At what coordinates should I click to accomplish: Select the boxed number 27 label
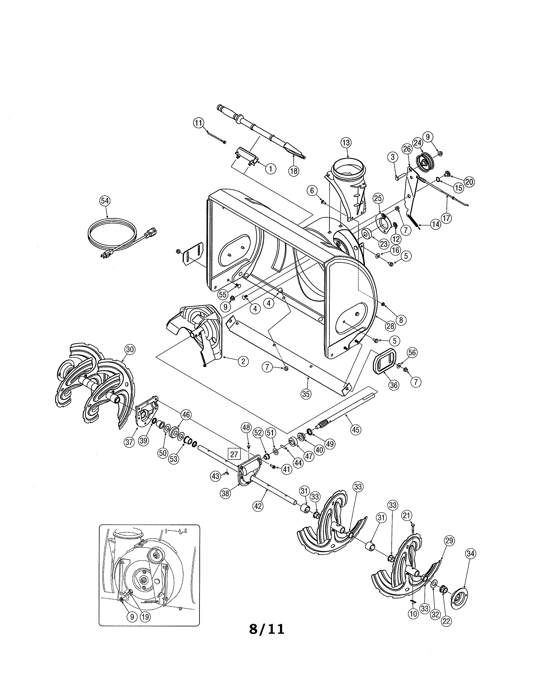pyautogui.click(x=234, y=454)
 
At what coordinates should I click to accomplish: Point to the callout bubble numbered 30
pyautogui.click(x=129, y=350)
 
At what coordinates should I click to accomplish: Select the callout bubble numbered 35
pyautogui.click(x=306, y=394)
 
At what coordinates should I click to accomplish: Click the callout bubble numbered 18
pyautogui.click(x=293, y=171)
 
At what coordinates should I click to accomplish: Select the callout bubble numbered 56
pyautogui.click(x=412, y=352)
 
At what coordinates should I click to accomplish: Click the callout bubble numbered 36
pyautogui.click(x=394, y=385)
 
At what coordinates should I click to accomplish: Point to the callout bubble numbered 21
pyautogui.click(x=407, y=515)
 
